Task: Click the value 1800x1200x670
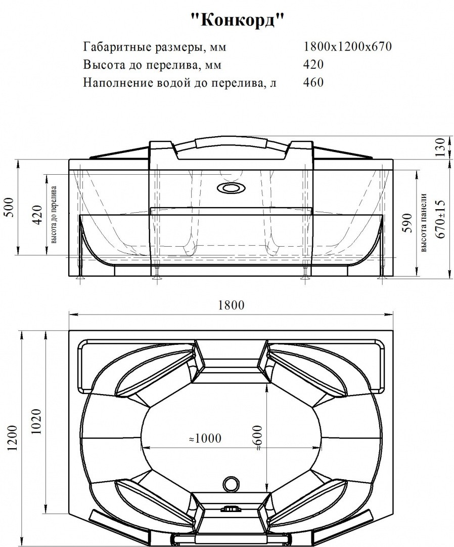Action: click(348, 47)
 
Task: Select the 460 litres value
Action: click(313, 82)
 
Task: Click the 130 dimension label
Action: click(440, 147)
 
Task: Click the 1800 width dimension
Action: click(231, 305)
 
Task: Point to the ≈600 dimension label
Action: click(258, 438)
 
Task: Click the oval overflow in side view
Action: click(230, 189)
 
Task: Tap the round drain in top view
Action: click(231, 482)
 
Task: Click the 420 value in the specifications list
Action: click(313, 65)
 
